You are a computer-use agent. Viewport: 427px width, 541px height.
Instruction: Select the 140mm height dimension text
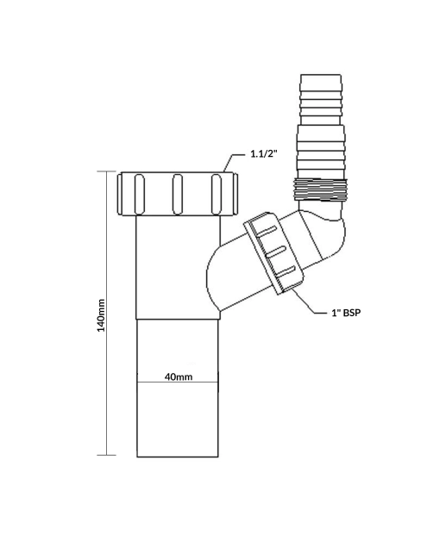[x=102, y=315]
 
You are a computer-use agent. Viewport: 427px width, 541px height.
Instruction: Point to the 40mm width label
[x=178, y=376]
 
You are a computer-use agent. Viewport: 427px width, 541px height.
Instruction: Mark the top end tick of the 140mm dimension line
[x=107, y=171]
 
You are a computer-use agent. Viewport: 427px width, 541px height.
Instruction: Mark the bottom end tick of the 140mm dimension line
[x=107, y=455]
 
